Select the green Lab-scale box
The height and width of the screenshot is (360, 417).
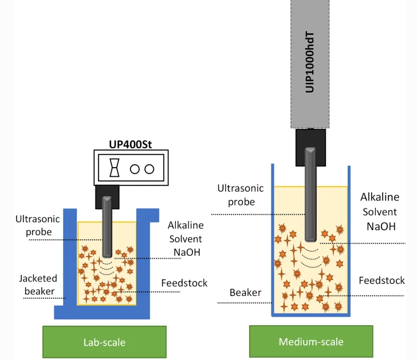[104, 342]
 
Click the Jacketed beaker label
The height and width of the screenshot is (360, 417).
[38, 284]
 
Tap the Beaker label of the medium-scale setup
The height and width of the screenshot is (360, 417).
[246, 292]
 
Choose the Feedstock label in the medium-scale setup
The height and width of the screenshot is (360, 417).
[381, 280]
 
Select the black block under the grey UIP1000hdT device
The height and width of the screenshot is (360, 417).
[310, 144]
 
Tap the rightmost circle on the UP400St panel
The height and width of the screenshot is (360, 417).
[150, 168]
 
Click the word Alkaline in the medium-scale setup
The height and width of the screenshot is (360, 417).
[380, 197]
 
